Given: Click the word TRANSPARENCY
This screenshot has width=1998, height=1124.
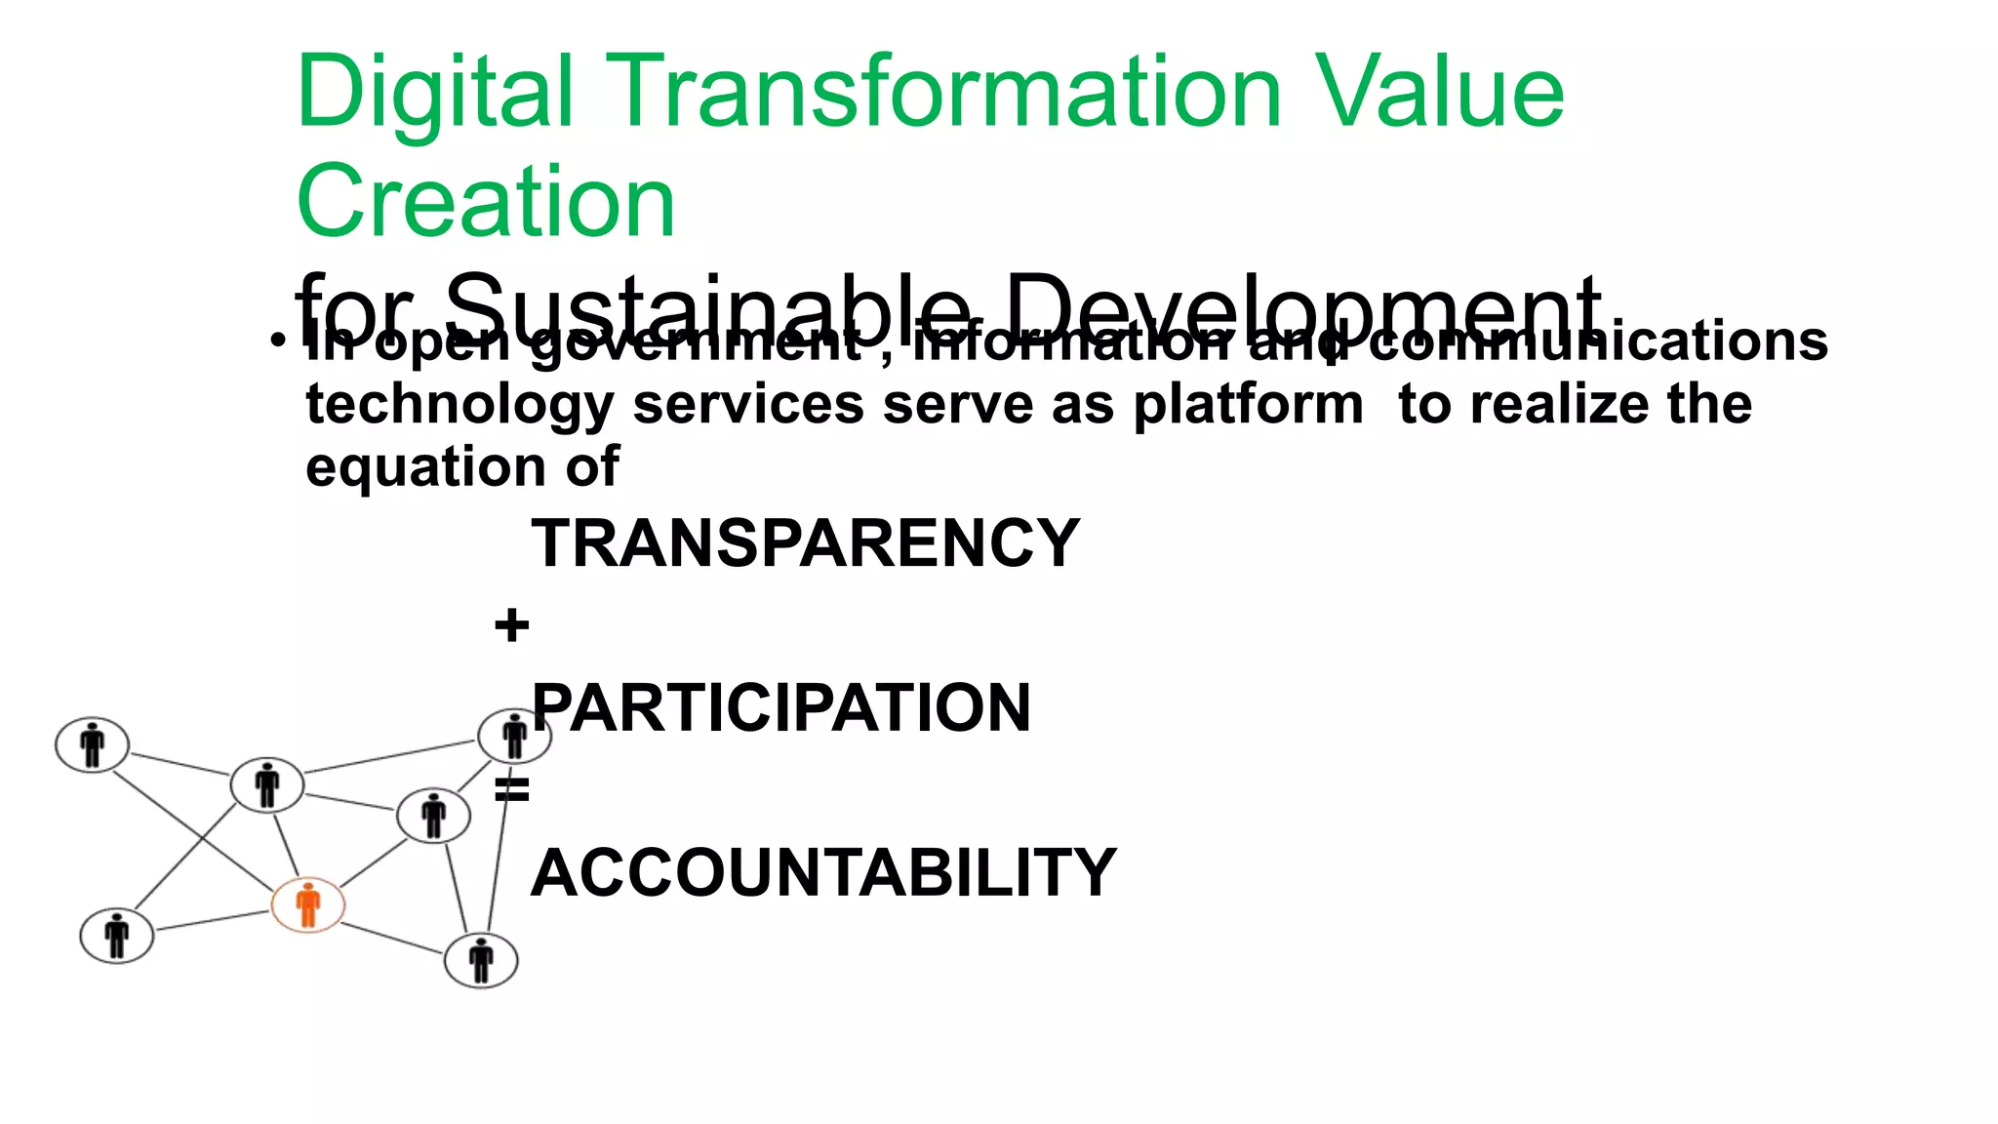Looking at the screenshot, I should click(805, 543).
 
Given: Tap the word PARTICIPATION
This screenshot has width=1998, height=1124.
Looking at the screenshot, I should click(780, 708).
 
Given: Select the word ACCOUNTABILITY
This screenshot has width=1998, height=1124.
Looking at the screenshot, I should click(823, 872).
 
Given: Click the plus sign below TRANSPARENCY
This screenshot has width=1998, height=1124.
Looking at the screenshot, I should click(511, 625).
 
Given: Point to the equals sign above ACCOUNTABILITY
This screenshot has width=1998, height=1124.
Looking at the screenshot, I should click(511, 789).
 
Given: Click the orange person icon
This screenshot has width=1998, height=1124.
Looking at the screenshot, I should click(308, 904).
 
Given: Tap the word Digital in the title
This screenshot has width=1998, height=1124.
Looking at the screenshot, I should click(434, 92).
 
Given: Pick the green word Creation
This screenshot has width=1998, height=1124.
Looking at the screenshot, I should click(485, 202).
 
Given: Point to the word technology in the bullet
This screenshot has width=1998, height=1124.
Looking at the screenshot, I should click(459, 405).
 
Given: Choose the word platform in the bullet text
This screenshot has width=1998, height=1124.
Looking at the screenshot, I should click(1248, 405).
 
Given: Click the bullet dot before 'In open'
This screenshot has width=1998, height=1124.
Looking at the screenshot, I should click(279, 342).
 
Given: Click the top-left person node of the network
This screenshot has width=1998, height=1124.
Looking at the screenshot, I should click(93, 745).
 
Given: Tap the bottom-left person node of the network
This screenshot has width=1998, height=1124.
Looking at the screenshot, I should click(117, 936).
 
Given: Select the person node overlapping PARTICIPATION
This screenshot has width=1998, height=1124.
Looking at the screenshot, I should click(514, 737).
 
